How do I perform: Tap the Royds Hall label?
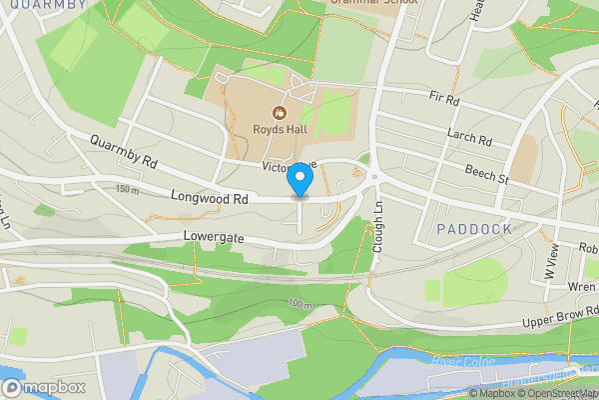click(281, 128)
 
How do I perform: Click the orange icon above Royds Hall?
click(281, 112)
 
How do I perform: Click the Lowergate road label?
click(215, 239)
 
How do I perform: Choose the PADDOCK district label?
click(474, 229)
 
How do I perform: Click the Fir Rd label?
click(443, 100)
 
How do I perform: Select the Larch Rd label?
click(471, 140)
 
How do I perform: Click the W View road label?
click(551, 266)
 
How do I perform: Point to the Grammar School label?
click(374, 3)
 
